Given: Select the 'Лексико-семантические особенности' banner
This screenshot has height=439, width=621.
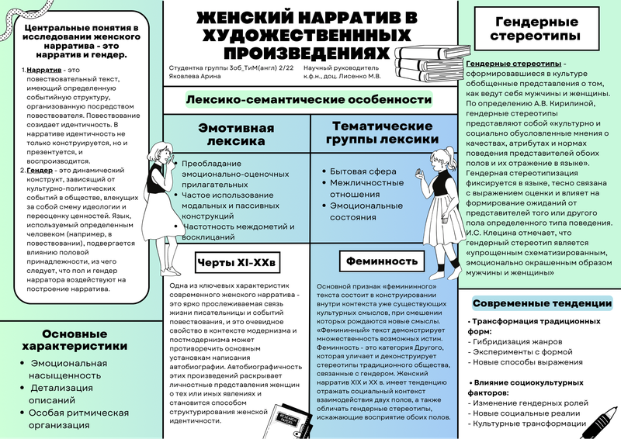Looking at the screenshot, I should click(308, 99).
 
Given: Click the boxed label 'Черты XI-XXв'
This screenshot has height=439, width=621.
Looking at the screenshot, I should click(235, 261).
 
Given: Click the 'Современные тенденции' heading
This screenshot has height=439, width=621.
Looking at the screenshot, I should click(542, 303).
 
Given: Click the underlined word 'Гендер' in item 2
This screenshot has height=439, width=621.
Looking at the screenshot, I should click(40, 169).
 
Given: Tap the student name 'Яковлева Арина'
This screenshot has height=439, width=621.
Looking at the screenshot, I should click(193, 77).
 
